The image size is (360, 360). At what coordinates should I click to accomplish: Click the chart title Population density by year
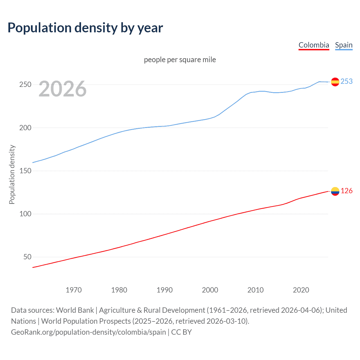click(85, 28)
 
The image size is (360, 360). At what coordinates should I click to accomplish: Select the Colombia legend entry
click(314, 45)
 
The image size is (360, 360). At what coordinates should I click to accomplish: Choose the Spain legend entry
click(344, 45)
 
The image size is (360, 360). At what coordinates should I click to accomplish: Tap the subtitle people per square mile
click(180, 60)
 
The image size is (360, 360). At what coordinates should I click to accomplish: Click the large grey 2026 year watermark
click(62, 89)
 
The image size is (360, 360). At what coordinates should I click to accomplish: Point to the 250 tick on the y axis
click(25, 85)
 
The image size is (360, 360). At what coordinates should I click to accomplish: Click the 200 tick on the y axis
click(25, 128)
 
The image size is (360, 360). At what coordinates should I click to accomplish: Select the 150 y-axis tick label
click(25, 171)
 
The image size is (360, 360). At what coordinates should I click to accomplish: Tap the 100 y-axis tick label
click(25, 214)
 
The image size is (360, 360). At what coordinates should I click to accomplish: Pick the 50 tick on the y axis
click(27, 257)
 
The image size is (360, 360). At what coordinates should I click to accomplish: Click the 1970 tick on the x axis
click(74, 290)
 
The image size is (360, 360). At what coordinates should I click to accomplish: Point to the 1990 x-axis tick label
click(165, 290)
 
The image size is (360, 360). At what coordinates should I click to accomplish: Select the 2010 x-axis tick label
click(255, 290)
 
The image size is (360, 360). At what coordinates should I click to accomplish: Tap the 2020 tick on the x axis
click(301, 290)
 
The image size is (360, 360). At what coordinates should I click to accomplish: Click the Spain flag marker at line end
click(335, 82)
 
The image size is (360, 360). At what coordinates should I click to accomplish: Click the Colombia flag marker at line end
click(335, 191)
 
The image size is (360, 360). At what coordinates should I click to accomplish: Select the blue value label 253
click(346, 81)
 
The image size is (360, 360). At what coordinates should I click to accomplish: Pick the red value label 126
click(346, 191)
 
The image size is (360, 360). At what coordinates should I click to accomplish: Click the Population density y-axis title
click(12, 174)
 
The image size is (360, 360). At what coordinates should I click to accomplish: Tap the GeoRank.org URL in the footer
click(89, 332)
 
